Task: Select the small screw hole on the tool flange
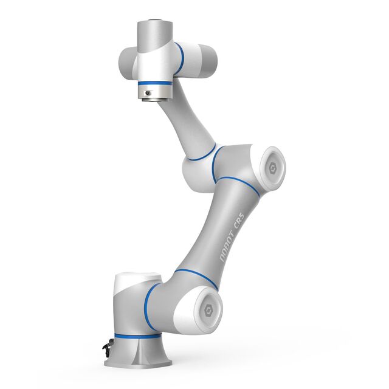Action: (147, 92)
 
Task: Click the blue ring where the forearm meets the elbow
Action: (201, 154)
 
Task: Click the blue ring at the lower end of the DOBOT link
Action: (196, 277)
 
